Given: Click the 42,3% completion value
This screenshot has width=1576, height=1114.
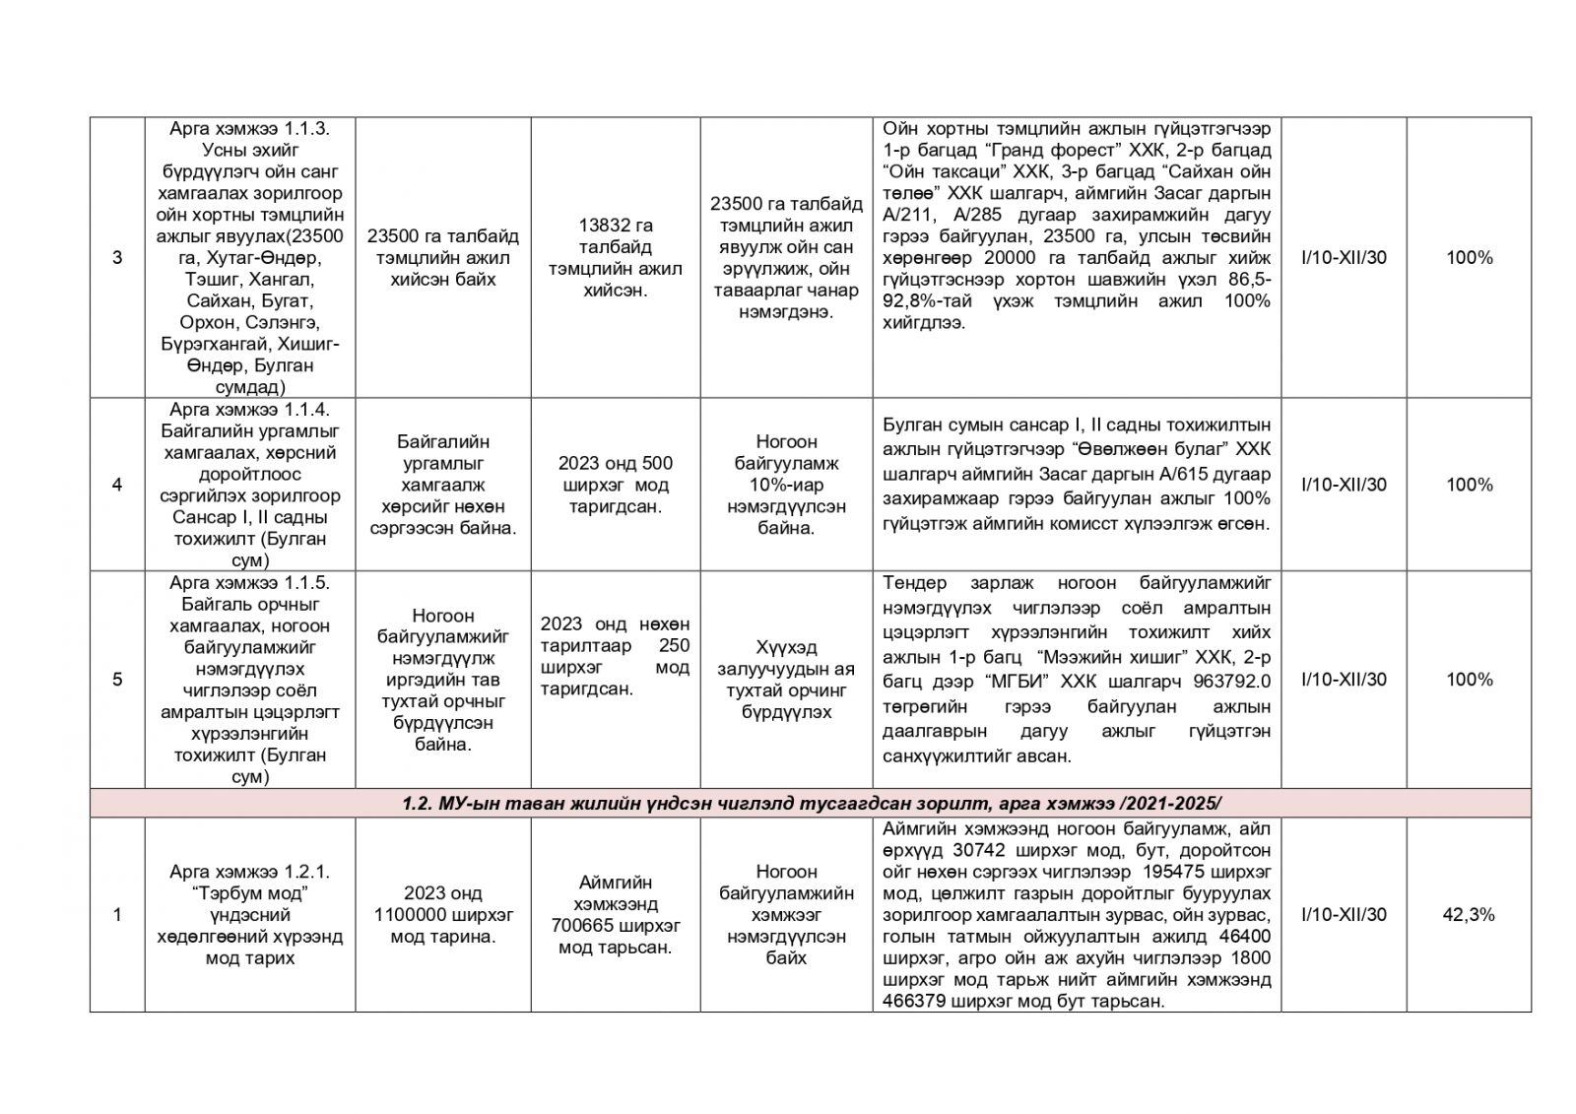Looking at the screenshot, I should [x=1468, y=914].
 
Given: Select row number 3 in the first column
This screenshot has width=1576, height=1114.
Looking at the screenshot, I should [x=117, y=258].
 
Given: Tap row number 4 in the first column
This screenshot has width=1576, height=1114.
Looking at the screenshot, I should [x=117, y=485].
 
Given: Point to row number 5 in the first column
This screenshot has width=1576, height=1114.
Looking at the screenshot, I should [x=117, y=680].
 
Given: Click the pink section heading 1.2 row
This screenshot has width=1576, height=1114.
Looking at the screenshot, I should [x=810, y=803].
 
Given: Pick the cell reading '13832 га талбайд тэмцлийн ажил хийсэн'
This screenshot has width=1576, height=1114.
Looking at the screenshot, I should [x=616, y=258].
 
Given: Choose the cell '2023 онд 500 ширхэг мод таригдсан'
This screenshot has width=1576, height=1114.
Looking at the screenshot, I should [x=616, y=485].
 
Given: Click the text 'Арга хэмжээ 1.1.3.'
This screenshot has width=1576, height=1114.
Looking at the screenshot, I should [x=249, y=129].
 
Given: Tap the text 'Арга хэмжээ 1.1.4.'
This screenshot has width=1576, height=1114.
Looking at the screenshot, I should [x=249, y=410].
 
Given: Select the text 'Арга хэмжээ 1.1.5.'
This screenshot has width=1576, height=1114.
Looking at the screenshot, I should [x=249, y=582].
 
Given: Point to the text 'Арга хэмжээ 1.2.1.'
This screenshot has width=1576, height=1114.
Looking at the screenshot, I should [x=249, y=872].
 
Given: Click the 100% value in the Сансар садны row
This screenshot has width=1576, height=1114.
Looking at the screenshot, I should [x=1468, y=485].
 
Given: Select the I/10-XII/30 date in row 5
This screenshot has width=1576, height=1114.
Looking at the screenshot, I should [x=1344, y=680].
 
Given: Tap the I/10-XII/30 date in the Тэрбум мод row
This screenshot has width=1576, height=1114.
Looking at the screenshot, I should [x=1344, y=914].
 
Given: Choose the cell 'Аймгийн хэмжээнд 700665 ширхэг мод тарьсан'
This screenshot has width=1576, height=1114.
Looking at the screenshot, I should [x=616, y=914].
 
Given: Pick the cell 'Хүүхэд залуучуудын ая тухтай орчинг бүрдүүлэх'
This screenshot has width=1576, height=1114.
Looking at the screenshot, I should [x=786, y=680].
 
